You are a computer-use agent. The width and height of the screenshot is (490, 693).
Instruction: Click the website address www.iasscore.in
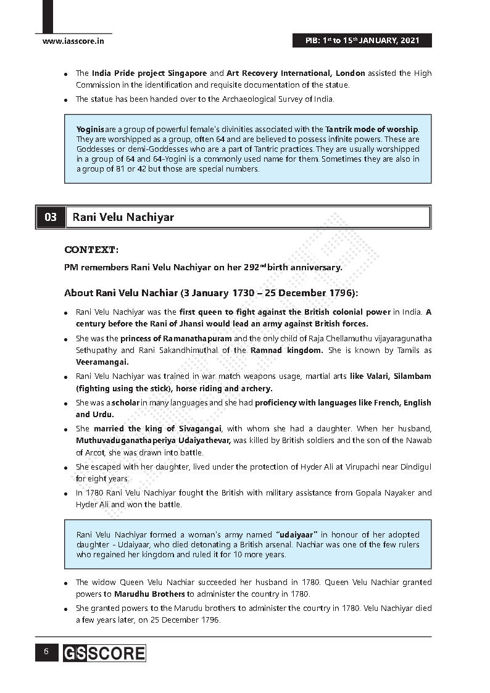(x=73, y=41)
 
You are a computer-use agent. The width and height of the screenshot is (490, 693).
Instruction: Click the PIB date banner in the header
(x=362, y=41)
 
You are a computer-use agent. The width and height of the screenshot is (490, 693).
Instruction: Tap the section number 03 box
(x=51, y=217)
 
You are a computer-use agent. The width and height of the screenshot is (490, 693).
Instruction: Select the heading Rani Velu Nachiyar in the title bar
(x=123, y=217)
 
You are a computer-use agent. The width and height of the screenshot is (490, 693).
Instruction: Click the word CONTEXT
(x=91, y=250)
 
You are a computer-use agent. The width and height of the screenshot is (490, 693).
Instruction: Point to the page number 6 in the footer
(x=46, y=652)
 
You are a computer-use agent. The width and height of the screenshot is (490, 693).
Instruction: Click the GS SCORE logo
(x=104, y=654)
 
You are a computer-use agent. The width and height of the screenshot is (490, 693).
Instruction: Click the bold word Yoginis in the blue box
(x=90, y=130)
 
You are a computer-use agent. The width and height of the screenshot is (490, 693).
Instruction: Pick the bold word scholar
(x=125, y=403)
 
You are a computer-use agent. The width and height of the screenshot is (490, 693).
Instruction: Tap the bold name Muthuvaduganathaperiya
(x=130, y=441)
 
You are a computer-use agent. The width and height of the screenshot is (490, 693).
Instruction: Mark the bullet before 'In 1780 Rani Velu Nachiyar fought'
(x=66, y=494)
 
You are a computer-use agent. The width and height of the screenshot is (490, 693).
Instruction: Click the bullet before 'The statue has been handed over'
(x=66, y=100)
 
